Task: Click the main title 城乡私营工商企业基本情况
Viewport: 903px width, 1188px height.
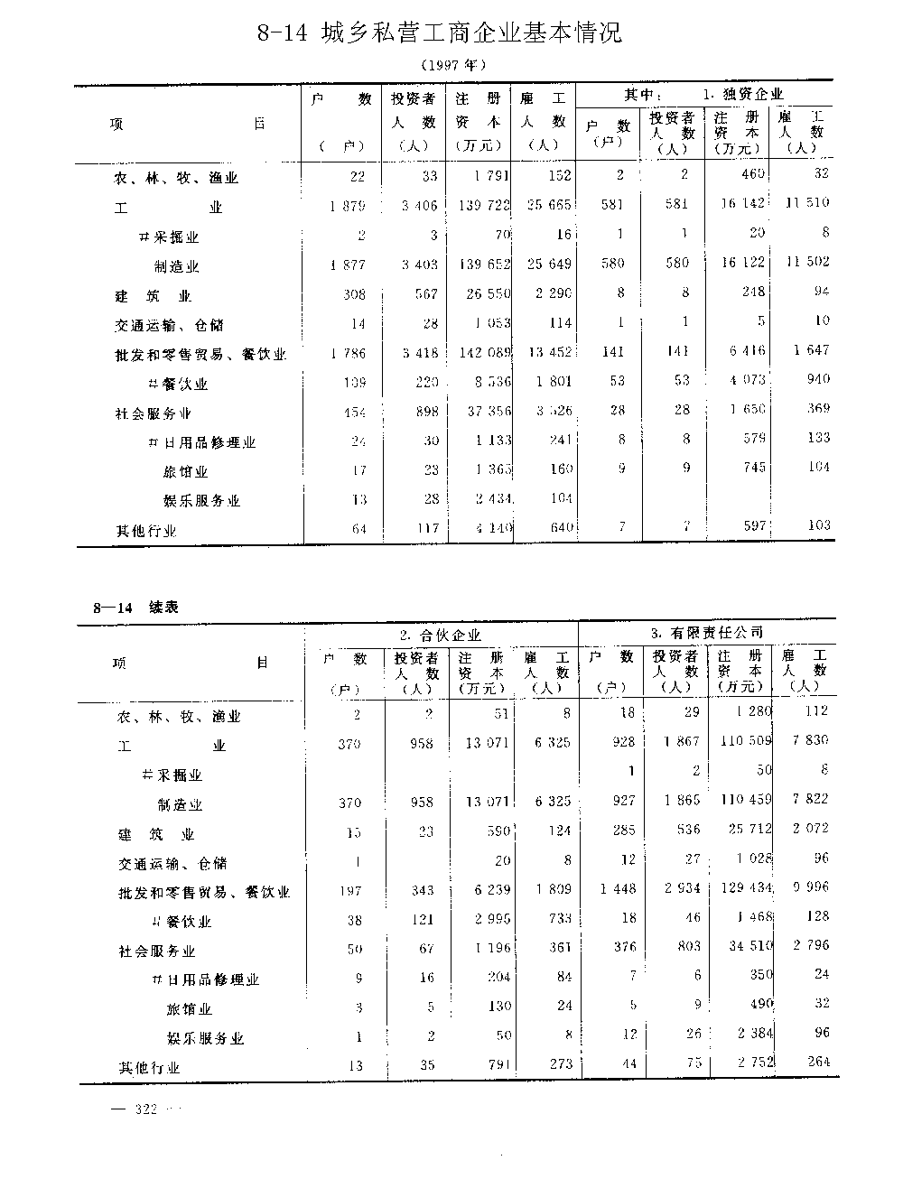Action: click(x=440, y=34)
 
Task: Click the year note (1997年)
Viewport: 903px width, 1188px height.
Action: click(x=453, y=65)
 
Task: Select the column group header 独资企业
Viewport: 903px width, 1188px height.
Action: click(x=742, y=94)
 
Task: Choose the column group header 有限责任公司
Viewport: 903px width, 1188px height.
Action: click(x=707, y=632)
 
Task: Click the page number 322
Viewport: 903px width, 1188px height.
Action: click(x=145, y=1109)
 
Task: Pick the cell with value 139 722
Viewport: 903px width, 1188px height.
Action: click(x=483, y=206)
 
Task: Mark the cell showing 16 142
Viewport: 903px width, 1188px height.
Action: click(x=740, y=204)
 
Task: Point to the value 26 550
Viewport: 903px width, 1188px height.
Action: click(x=485, y=293)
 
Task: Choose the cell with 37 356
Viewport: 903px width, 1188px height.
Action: click(x=485, y=413)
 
